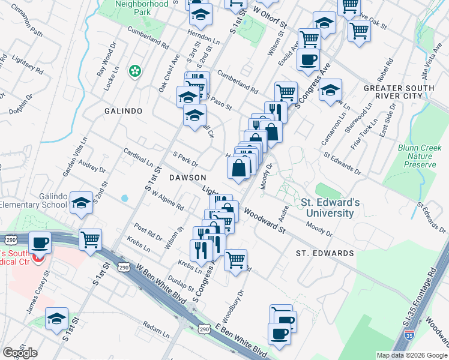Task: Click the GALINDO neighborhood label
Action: coord(123,111)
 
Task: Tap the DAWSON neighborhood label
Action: coord(187,178)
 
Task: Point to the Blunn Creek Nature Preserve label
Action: coord(416,155)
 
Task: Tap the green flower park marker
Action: coord(135,71)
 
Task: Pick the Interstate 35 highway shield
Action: coord(409,338)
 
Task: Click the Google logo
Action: coord(20,353)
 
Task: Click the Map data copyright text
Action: coord(411,355)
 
